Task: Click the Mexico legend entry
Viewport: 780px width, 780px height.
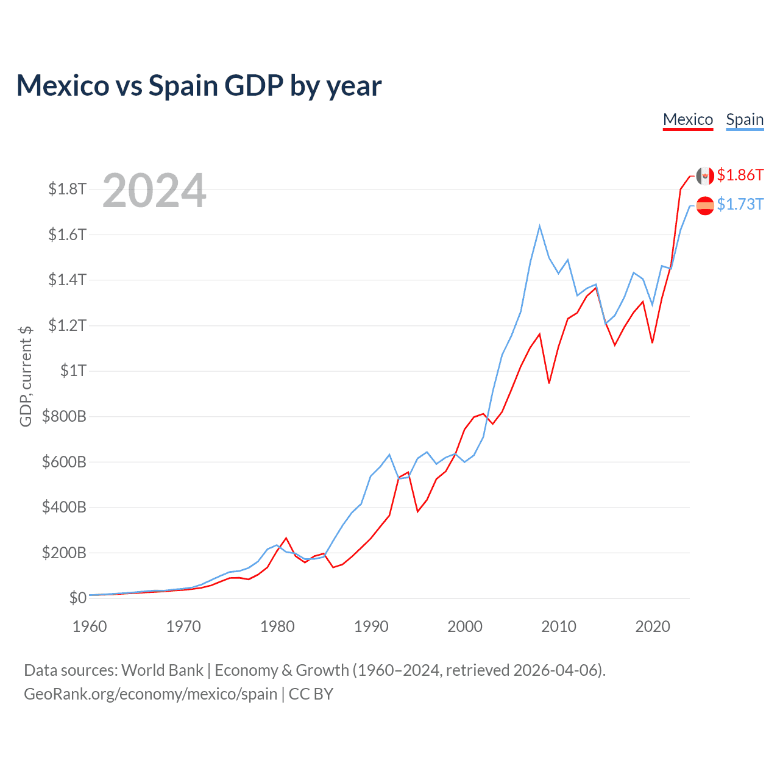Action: pos(688,119)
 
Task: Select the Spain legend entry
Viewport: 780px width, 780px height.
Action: pos(745,119)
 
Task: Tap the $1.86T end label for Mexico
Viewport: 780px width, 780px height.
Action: pos(740,175)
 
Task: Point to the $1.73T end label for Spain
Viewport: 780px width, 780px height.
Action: pos(740,204)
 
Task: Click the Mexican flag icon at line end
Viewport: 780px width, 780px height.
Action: pos(705,176)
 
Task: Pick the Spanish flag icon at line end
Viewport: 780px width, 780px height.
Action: pos(705,206)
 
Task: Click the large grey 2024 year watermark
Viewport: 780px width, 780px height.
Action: pos(154,191)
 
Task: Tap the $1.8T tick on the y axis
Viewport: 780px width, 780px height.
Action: pos(67,189)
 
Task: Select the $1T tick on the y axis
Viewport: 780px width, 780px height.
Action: pos(73,370)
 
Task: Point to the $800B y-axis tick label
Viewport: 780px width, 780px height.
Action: pos(64,417)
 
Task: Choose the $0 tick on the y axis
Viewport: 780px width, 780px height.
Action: pos(77,598)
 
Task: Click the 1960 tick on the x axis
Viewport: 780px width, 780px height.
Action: pos(90,626)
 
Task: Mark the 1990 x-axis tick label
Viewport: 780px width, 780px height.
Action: pos(371,626)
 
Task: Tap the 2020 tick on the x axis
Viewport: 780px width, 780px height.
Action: pos(653,626)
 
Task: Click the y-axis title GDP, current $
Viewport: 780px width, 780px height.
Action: pos(26,376)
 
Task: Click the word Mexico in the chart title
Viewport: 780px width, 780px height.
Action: pos(63,86)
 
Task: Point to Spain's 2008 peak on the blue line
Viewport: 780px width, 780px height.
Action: pos(539,226)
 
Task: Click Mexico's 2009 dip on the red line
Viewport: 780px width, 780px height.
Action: pos(549,383)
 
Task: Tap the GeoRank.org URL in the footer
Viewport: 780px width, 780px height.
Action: pos(151,694)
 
